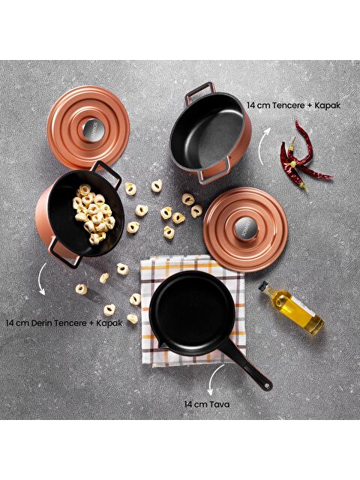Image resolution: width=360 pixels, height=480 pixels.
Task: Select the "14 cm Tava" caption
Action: (x=206, y=403)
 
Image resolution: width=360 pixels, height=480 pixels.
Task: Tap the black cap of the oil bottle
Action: (x=265, y=286)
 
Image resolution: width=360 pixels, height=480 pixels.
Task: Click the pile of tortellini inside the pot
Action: (x=92, y=213)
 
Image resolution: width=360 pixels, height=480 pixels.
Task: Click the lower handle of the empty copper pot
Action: (x=211, y=172)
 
